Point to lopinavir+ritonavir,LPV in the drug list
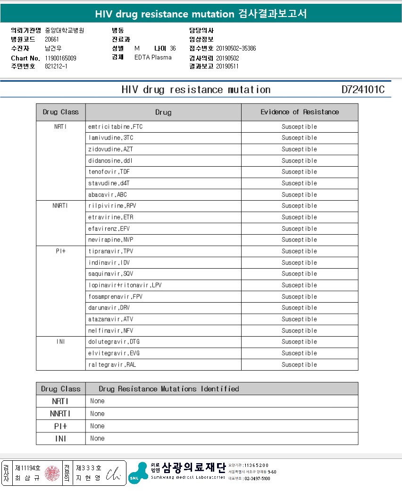(125, 285)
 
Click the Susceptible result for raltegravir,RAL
(299, 364)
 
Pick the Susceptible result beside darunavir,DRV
(299, 308)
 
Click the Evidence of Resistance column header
(300, 112)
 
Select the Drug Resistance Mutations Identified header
(168, 389)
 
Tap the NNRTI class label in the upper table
(60, 206)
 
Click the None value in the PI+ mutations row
(97, 426)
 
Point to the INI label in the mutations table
(60, 439)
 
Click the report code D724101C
(363, 90)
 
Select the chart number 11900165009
(60, 58)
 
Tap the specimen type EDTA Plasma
(153, 58)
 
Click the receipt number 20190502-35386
(236, 49)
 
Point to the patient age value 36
(173, 49)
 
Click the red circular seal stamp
(52, 474)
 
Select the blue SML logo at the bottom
(138, 473)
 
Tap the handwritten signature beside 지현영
(113, 474)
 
